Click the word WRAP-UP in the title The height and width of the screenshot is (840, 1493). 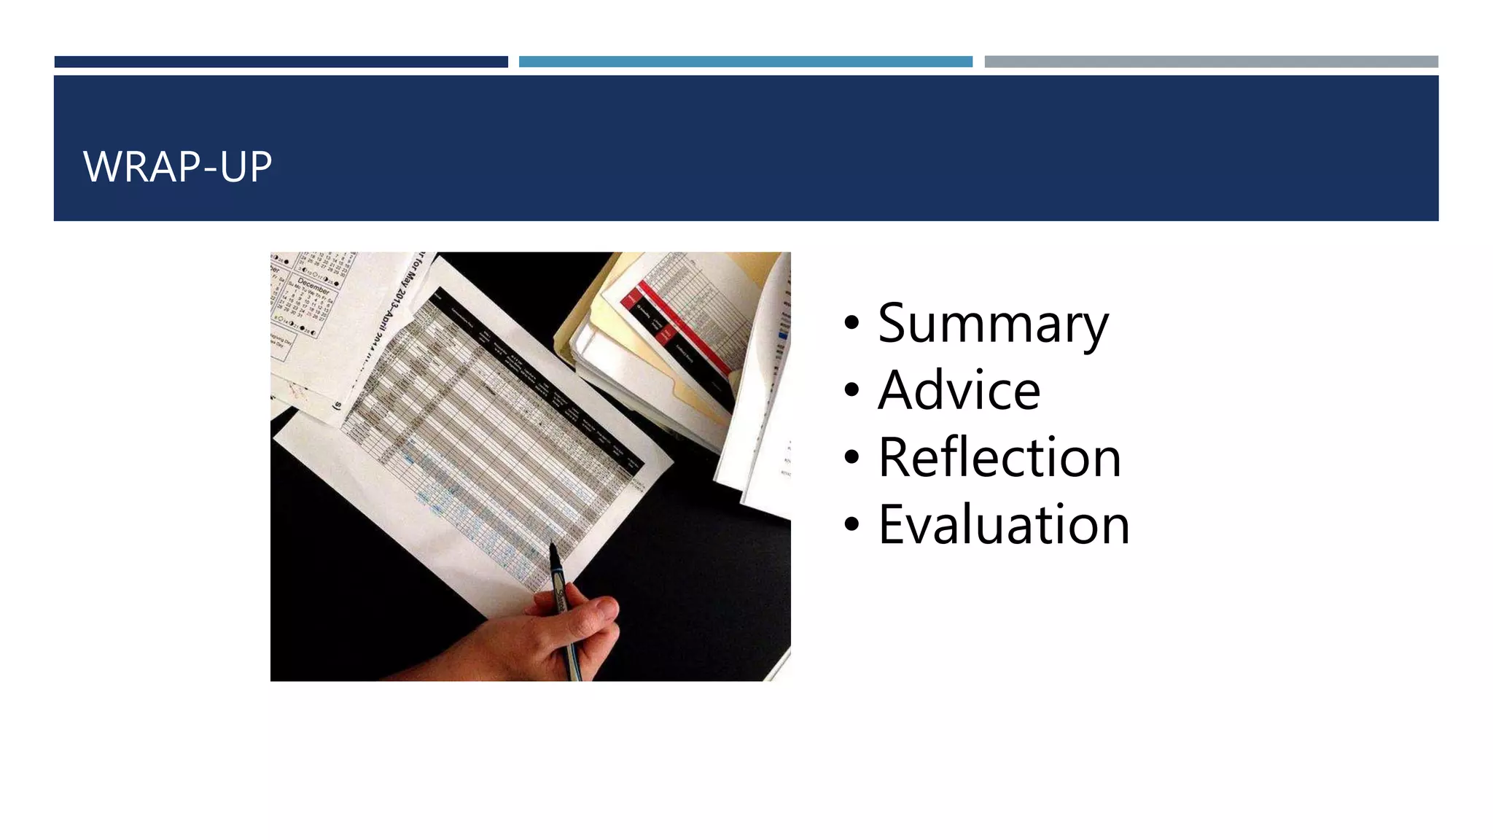tap(177, 166)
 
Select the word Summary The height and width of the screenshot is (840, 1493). tap(993, 324)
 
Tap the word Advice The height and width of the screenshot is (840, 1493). tap(959, 391)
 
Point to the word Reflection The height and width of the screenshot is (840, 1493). tap(999, 458)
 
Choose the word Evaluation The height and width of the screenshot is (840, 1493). tap(1004, 525)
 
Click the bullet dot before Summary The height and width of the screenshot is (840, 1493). tap(851, 323)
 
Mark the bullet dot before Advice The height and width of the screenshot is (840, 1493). tap(851, 390)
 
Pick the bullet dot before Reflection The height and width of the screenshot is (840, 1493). tap(851, 457)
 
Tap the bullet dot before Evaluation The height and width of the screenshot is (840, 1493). tap(851, 524)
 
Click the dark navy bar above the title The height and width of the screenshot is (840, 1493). tap(281, 62)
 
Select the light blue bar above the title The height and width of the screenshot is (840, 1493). tap(745, 62)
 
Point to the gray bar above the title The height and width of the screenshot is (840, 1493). tap(1211, 62)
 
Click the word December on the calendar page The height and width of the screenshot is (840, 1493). tap(313, 284)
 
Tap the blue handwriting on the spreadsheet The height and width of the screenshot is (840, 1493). tap(467, 510)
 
